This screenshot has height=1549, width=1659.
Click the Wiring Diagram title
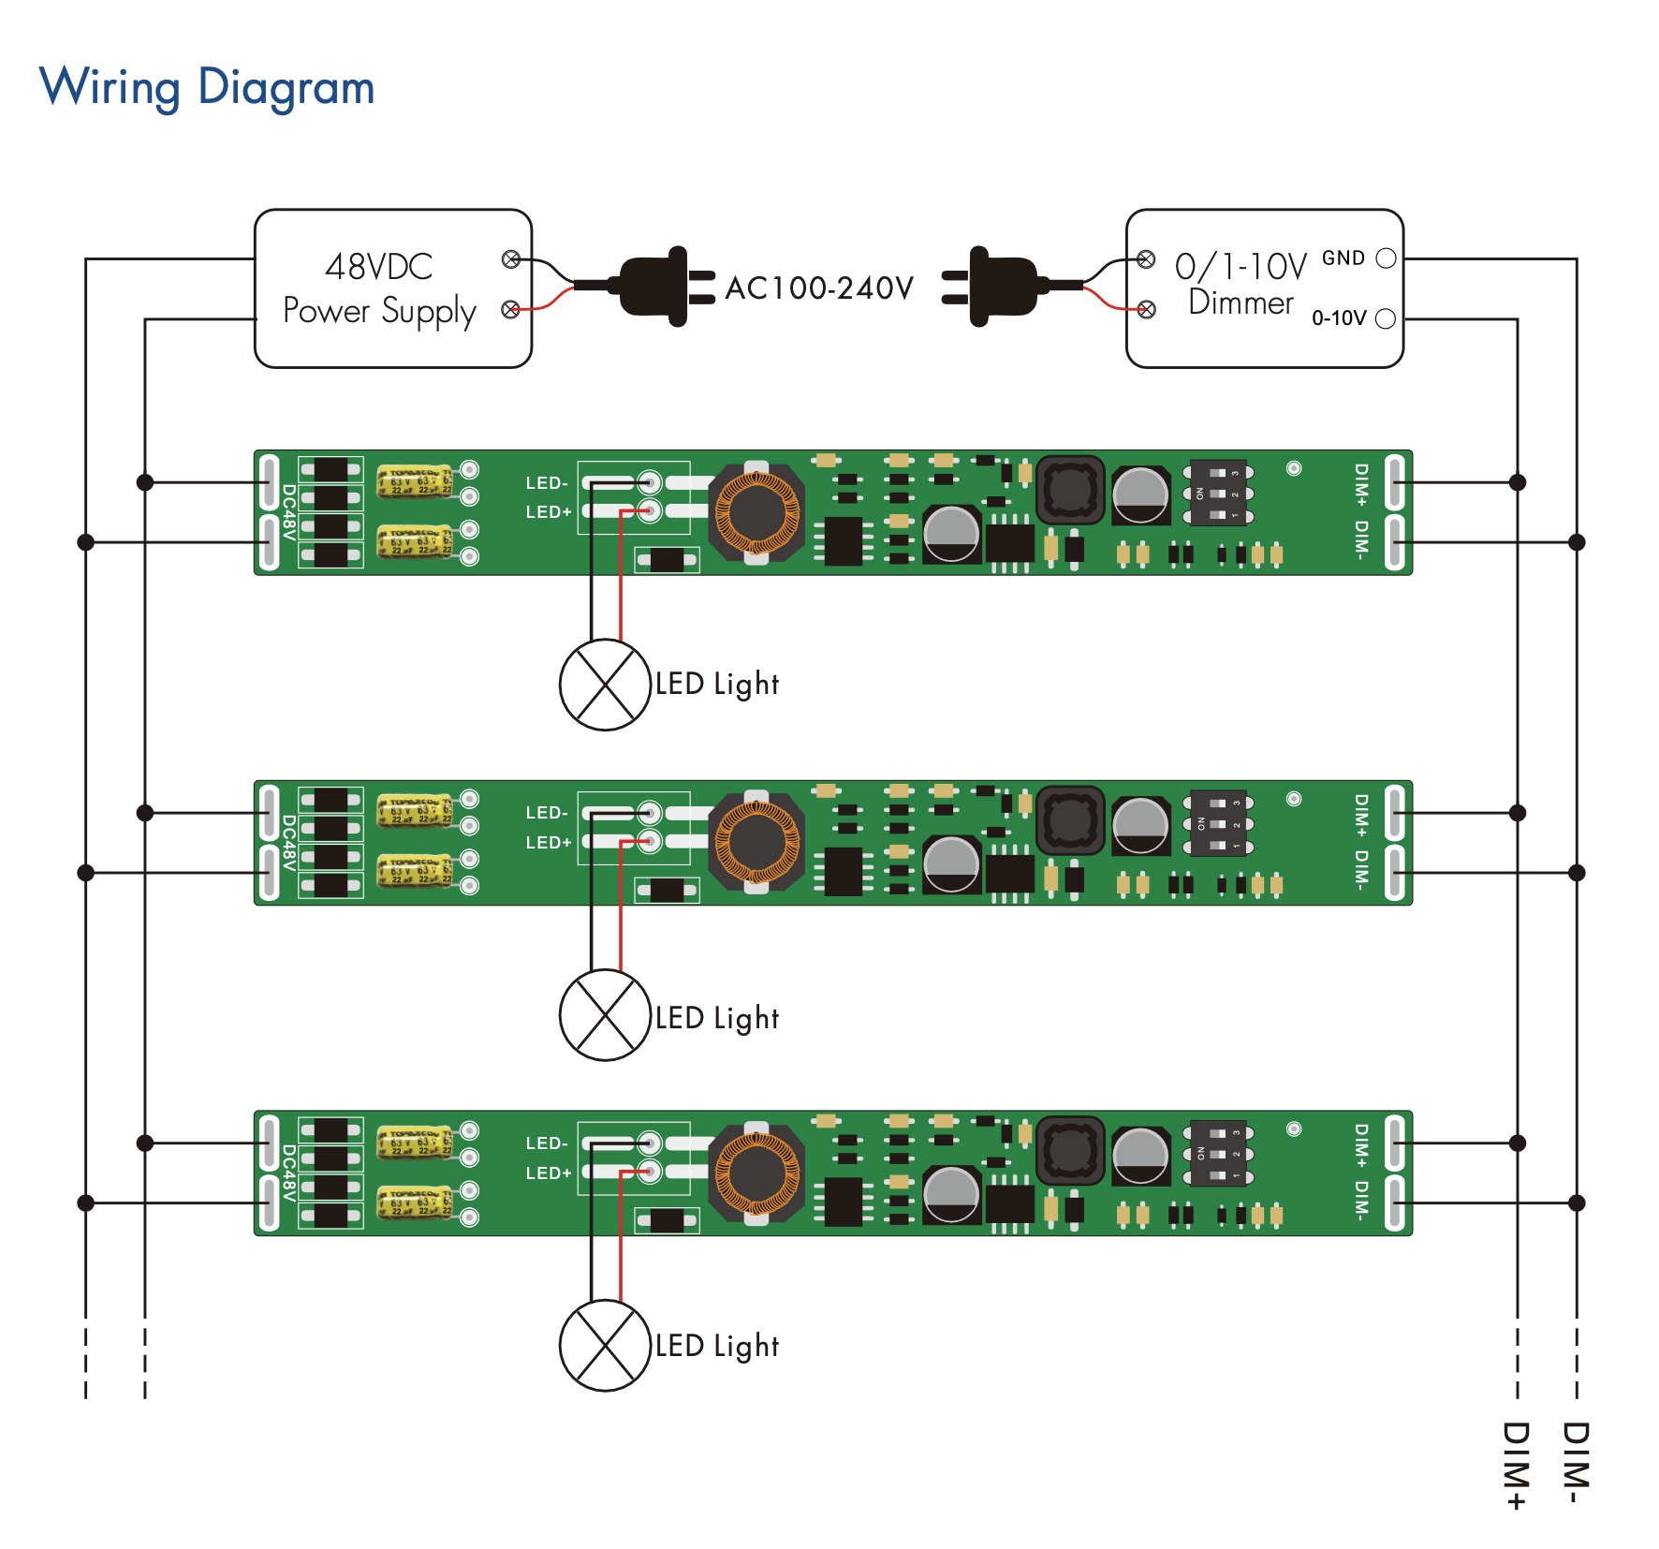click(207, 88)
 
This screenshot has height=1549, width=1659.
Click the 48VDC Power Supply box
click(393, 288)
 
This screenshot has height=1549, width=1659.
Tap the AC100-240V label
click(819, 288)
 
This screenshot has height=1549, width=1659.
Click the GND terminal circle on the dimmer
click(1387, 258)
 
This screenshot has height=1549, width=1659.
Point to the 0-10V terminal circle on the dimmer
click(1387, 319)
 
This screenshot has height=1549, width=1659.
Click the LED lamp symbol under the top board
click(605, 685)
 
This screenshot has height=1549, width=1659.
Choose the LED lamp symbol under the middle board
click(605, 1015)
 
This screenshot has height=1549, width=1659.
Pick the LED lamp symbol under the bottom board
click(605, 1346)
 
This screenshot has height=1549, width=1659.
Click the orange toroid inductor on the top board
click(756, 512)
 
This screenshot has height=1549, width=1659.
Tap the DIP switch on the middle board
click(1218, 823)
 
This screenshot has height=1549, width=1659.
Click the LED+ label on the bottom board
click(548, 1173)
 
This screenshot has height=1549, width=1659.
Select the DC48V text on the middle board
click(289, 843)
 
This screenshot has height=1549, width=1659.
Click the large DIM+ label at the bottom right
click(1516, 1466)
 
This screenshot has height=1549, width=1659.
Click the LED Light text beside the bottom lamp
click(717, 1347)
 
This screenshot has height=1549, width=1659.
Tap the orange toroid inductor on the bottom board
click(756, 1173)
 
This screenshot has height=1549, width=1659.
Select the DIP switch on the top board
click(1218, 493)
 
